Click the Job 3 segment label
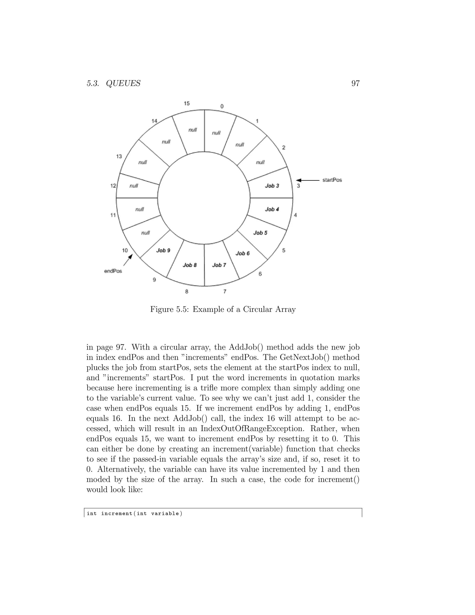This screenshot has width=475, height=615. (x=272, y=186)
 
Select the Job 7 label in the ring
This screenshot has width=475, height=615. (x=219, y=265)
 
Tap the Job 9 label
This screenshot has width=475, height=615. (x=163, y=250)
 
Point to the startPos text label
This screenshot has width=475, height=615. (x=332, y=180)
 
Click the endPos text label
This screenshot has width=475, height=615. (x=113, y=271)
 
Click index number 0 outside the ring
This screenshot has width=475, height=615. (x=222, y=107)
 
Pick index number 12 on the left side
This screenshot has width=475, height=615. (x=113, y=186)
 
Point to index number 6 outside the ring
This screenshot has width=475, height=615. (x=260, y=274)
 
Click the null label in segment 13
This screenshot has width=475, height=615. (x=143, y=162)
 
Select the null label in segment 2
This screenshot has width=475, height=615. (x=260, y=162)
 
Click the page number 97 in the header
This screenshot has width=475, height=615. (x=355, y=83)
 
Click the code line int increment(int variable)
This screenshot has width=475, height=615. (x=135, y=513)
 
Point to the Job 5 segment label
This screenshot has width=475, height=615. (x=260, y=233)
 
